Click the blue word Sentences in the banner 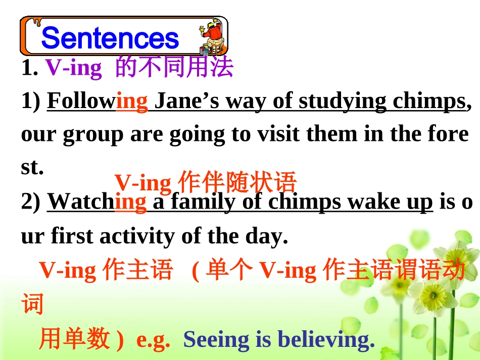pyautogui.click(x=110, y=38)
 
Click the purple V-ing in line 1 pyautogui.click(x=74, y=67)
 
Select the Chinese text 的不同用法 pyautogui.click(x=174, y=67)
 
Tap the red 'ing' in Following pyautogui.click(x=132, y=101)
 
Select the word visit pyautogui.click(x=264, y=135)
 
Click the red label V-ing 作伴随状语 pyautogui.click(x=205, y=183)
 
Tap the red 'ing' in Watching pyautogui.click(x=131, y=202)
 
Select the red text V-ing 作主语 pyautogui.click(x=106, y=271)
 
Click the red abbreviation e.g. pyautogui.click(x=153, y=340)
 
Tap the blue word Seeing pyautogui.click(x=216, y=340)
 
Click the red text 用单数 pyautogui.click(x=74, y=339)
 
